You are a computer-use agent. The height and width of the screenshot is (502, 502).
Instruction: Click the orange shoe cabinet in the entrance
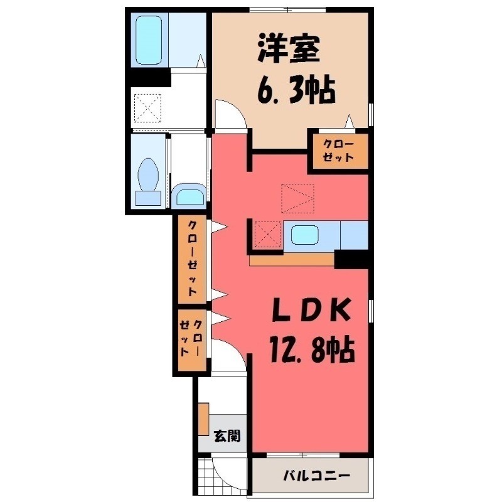point(203,419)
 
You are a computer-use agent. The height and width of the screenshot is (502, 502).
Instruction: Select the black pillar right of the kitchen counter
point(351,259)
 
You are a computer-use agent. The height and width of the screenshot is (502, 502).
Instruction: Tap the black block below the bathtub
point(149,79)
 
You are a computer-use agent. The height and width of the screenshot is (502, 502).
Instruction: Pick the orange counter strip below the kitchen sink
point(291,259)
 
